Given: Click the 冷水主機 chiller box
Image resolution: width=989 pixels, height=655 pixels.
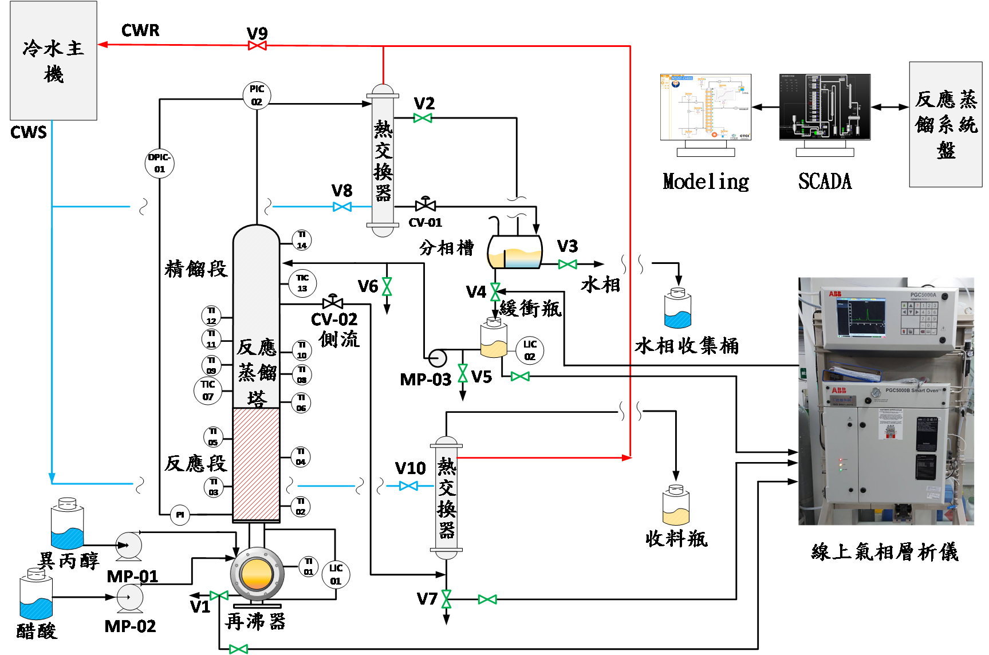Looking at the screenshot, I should pos(53,60).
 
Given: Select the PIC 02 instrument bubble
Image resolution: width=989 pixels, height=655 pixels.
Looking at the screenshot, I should pos(257,96).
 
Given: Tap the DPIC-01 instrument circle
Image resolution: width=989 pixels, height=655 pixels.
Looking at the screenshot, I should pos(159,164).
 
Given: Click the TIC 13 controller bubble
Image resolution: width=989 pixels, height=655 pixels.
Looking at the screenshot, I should pos(302,283).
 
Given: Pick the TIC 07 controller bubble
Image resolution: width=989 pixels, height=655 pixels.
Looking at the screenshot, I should pos(208,390).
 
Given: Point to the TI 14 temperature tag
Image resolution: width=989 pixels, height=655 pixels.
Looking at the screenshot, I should pos(302,240).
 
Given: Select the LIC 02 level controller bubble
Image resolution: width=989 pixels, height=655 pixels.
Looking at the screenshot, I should pos(530,350).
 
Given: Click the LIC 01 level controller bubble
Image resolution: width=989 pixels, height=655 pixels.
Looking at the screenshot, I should pos(336,574).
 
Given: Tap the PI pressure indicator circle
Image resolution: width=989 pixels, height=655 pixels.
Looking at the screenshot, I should pos(180,515).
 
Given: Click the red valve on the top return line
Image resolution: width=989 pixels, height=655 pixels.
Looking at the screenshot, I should pos(257,45).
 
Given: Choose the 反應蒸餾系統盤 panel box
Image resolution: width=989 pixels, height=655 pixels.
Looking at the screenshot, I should pos(945,124).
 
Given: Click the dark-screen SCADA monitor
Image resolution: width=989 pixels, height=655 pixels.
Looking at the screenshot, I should pos(825,107).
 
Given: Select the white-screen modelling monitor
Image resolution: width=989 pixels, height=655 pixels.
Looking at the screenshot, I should pos(706,107).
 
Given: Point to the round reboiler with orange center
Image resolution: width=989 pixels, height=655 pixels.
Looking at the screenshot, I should pos(257,574).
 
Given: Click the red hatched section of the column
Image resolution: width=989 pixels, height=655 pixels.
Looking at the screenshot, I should pos(257,464).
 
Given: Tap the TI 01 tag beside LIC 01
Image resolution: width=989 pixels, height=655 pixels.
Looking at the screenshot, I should pos(308,566).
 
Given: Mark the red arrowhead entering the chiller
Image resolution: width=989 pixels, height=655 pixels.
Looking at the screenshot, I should pos(103,44).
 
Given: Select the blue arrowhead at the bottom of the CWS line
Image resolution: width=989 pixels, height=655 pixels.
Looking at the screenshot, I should pos(52,478).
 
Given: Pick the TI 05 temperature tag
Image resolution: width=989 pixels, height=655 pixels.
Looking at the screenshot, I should pos(213,437).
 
